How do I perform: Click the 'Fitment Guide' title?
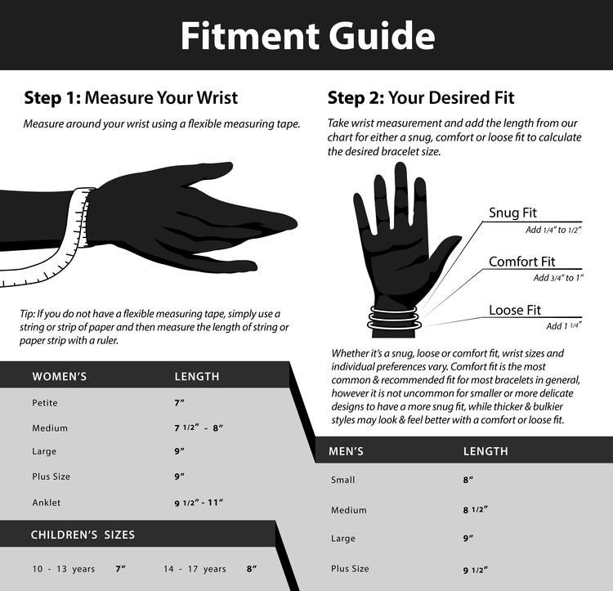(x=307, y=36)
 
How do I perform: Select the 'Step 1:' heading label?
(x=52, y=97)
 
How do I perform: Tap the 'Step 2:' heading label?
(x=356, y=97)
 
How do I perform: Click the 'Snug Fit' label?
(x=512, y=213)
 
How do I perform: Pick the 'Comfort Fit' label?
(x=522, y=262)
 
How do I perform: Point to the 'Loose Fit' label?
(x=515, y=310)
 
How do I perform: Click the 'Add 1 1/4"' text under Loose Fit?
(x=563, y=326)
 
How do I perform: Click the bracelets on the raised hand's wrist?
(x=394, y=318)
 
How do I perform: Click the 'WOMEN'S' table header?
(x=60, y=376)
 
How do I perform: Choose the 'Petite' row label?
(x=45, y=403)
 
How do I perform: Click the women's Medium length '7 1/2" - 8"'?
(x=199, y=428)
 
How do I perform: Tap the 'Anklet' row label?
(x=46, y=503)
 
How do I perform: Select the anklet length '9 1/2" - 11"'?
(x=199, y=503)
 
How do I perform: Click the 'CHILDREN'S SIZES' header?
(x=83, y=535)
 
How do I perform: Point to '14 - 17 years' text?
(x=195, y=569)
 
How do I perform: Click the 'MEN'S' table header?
(x=346, y=451)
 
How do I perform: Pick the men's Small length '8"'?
(x=468, y=480)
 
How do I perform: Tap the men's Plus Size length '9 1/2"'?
(x=476, y=571)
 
